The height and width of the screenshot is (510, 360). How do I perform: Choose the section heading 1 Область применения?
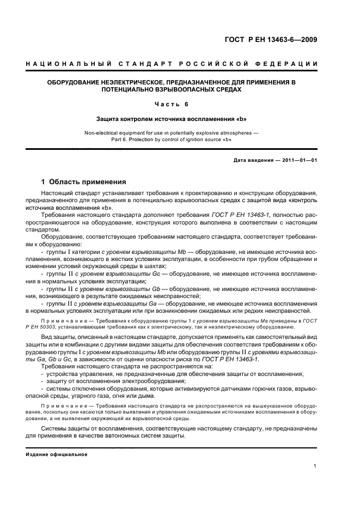[84, 182]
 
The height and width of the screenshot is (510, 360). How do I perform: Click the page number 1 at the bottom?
[315, 466]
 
